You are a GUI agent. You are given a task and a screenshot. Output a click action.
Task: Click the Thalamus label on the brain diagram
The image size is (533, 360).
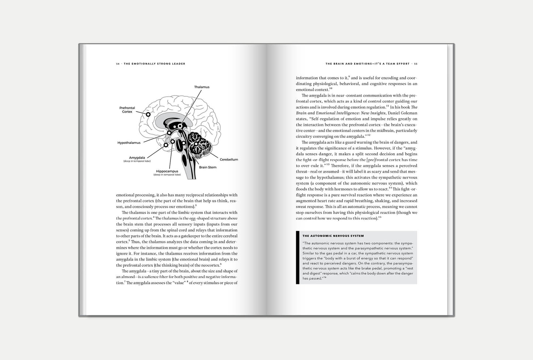pos(202,87)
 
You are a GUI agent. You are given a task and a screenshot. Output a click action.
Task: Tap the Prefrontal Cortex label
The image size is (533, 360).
pos(127,110)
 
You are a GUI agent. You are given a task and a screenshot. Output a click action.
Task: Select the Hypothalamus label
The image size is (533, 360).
pos(129,142)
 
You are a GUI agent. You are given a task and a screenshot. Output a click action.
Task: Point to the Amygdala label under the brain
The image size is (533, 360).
pos(137,157)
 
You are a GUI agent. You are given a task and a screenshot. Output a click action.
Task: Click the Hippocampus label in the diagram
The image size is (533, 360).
pos(167,171)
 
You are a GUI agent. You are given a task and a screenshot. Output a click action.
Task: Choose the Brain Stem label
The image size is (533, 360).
pos(208,167)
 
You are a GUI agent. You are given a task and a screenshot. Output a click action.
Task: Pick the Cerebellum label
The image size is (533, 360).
pos(229,159)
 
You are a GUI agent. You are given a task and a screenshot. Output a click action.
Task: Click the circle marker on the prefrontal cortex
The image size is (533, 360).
pos(148,114)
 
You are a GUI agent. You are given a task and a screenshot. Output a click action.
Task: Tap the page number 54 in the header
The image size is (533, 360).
pos(118,64)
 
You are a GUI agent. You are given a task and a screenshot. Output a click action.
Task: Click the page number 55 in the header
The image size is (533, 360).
pos(415,64)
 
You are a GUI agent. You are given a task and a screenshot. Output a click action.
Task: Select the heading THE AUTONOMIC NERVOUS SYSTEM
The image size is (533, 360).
pos(333,236)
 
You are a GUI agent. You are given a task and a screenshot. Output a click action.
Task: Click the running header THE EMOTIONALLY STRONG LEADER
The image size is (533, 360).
pos(155,64)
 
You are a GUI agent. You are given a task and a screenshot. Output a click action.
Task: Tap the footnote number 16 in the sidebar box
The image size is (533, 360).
pos(325,277)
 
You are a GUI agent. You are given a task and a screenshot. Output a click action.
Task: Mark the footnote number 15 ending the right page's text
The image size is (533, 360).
pos(380,218)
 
